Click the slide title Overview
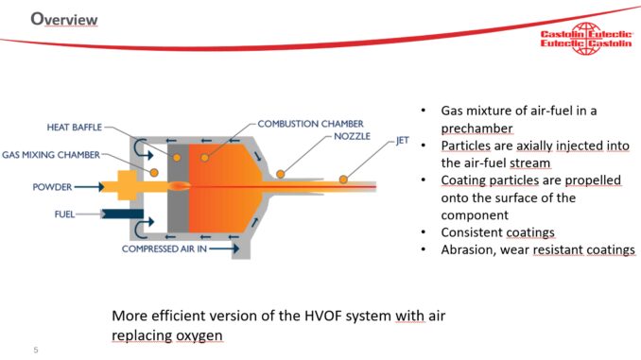pyautogui.click(x=65, y=19)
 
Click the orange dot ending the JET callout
pyautogui.click(x=345, y=180)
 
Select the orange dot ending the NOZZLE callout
pyautogui.click(x=281, y=173)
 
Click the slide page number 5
pyautogui.click(x=35, y=349)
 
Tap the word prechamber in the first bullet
pyautogui.click(x=476, y=128)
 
